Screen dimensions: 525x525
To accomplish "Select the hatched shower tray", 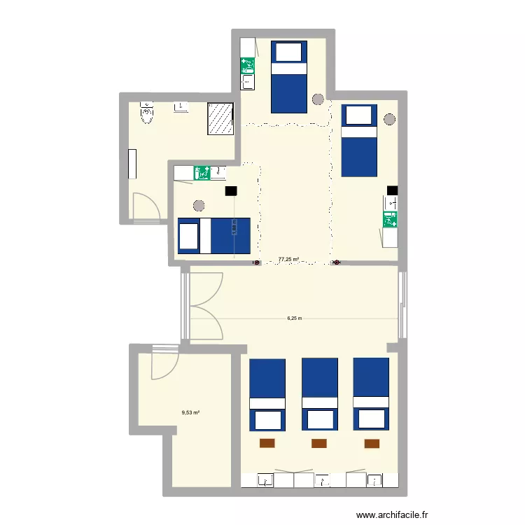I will point(220,118).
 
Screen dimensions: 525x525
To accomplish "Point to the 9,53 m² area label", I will point(190,412).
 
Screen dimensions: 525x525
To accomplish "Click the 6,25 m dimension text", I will point(294,318).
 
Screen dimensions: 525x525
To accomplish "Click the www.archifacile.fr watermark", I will point(391,515).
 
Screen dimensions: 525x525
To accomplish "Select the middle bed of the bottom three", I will point(319,393).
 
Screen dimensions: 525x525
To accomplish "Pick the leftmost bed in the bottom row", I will point(267,393).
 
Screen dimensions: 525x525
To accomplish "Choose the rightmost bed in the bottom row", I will point(371,393).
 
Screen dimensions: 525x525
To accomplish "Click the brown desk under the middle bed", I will point(319,442).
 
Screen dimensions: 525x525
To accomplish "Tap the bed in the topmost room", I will point(288,76).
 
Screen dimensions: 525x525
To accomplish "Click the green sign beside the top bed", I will point(247,66).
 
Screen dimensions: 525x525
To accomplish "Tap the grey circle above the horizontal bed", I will point(199,206).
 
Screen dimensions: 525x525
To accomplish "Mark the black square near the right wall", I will point(392,190).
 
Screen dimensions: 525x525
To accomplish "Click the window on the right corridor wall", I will point(402,304).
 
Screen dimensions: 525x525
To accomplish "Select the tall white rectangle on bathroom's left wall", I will point(132,164).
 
